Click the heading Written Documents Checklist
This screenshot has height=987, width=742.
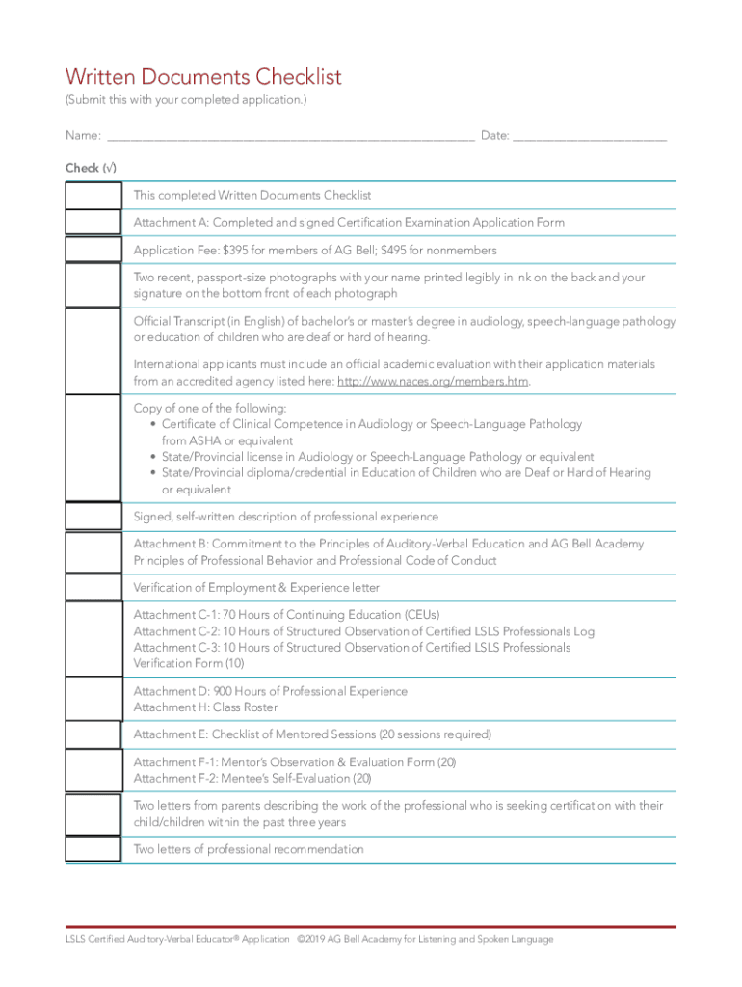(202, 77)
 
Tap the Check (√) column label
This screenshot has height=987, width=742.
(91, 168)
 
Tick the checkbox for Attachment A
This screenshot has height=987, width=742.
(93, 223)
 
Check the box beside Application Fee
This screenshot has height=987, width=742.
(93, 251)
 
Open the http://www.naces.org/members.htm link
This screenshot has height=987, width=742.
(434, 382)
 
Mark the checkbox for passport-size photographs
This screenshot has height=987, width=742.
(93, 285)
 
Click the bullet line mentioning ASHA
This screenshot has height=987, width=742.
(371, 424)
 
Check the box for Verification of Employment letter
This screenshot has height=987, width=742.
(93, 588)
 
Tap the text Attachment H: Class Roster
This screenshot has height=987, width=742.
(205, 707)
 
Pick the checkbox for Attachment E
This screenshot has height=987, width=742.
(93, 734)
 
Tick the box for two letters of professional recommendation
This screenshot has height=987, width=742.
(93, 849)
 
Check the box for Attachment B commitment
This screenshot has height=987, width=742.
(93, 552)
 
